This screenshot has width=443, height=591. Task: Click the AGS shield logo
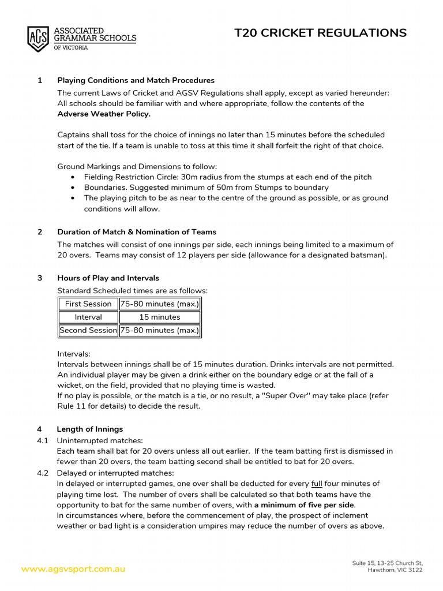pos(38,39)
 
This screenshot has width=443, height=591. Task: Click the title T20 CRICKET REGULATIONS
pos(320,33)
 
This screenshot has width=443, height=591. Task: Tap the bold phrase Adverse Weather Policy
pos(104,114)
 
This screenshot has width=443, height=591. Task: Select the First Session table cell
pos(88,304)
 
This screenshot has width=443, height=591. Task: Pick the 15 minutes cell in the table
pos(159,317)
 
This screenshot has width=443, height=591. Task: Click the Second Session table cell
pos(88,331)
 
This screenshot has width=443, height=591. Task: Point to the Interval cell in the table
pos(88,317)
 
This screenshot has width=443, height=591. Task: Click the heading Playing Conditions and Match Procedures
pos(136,80)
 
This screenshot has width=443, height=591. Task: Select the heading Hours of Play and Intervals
pos(108,278)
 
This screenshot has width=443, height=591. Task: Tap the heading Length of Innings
pos(89,429)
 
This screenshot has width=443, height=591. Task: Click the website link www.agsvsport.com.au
pos(73,569)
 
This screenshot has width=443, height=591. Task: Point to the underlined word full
pos(317,484)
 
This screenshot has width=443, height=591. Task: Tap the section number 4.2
pos(42,473)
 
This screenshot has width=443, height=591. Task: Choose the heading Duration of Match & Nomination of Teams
pos(137,232)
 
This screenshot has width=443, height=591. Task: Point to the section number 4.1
pos(42,440)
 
